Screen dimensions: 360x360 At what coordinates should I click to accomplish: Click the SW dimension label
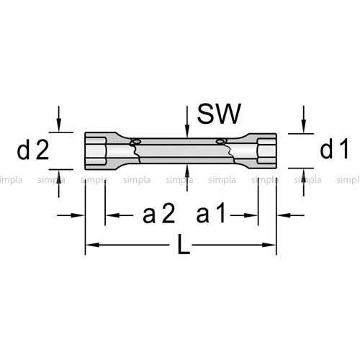click(x=219, y=114)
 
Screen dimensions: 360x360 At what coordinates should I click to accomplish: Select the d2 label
click(x=33, y=150)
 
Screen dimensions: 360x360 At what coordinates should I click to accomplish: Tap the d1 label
click(x=334, y=149)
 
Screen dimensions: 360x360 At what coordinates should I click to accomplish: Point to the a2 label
click(x=159, y=213)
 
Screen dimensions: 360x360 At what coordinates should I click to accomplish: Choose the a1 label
click(x=211, y=213)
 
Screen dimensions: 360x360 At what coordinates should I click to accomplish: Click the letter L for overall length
click(x=184, y=245)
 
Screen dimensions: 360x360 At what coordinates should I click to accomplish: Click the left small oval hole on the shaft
click(x=136, y=142)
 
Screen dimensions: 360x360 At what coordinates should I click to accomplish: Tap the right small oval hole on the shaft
click(x=220, y=142)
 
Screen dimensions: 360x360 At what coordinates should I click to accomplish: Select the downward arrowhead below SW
click(x=187, y=132)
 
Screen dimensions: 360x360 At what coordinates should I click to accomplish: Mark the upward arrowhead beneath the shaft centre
click(x=187, y=171)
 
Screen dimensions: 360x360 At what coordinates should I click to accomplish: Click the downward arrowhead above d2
click(x=59, y=125)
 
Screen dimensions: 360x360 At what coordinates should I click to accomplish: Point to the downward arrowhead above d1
click(x=304, y=127)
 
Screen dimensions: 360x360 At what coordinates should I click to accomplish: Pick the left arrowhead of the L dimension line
click(x=93, y=245)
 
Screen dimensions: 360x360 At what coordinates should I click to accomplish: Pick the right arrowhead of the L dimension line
click(x=269, y=245)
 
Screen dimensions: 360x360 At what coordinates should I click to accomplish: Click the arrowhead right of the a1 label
click(x=251, y=215)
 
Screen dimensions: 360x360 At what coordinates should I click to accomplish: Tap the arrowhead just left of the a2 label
click(x=112, y=215)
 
